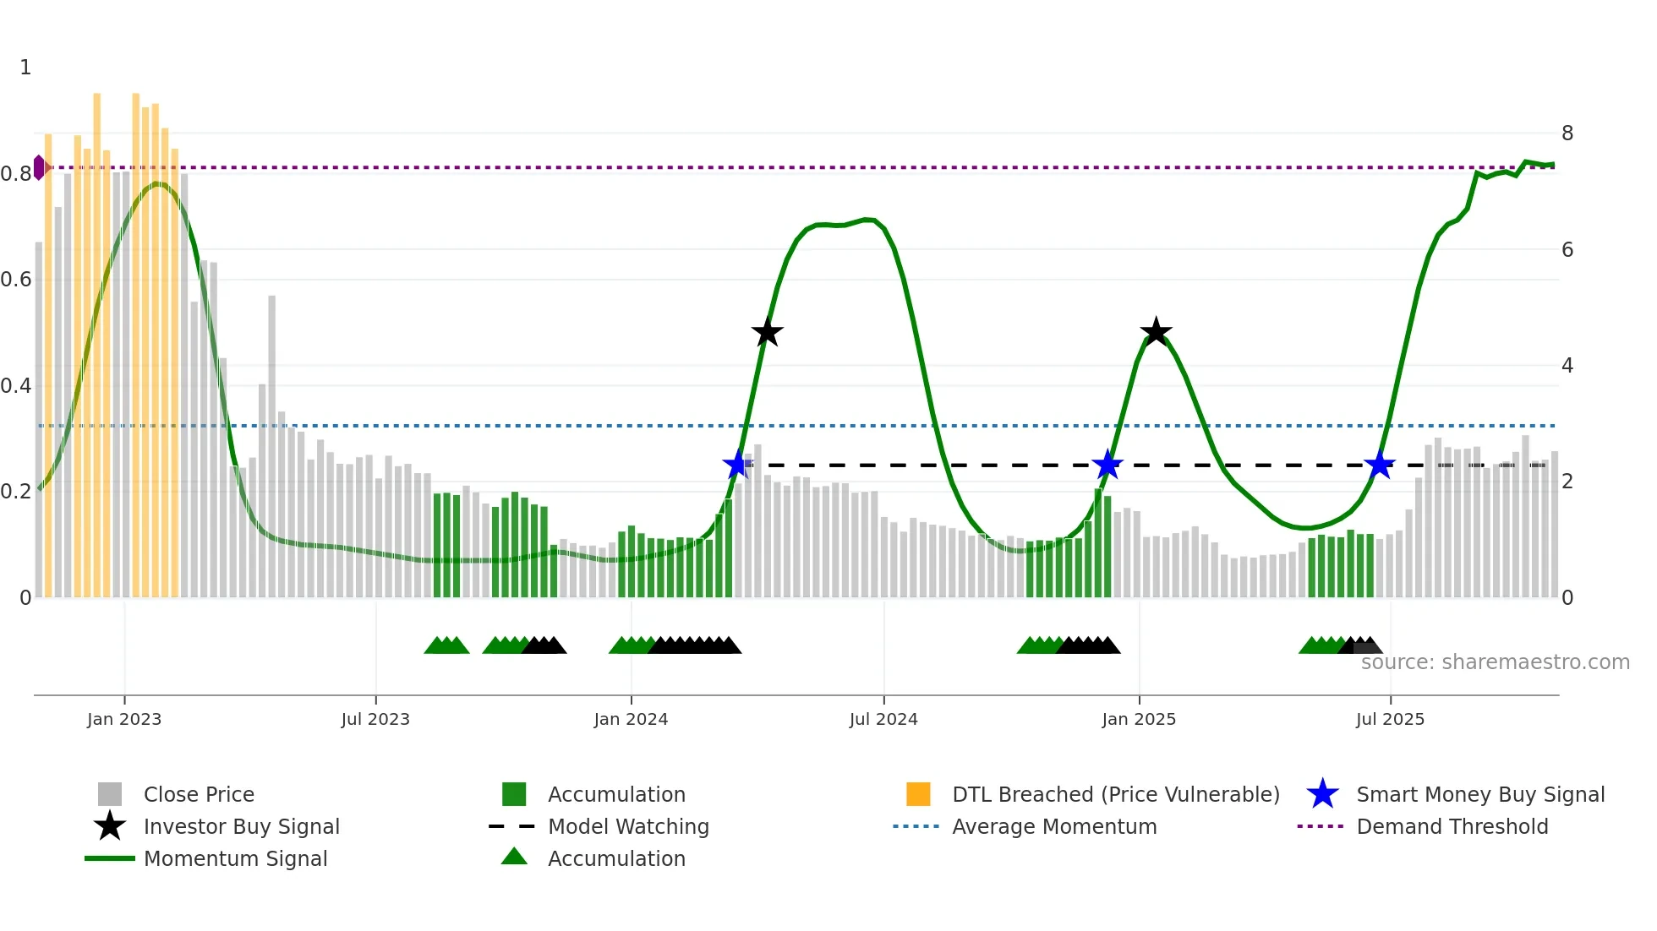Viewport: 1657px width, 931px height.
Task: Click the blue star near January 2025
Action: click(x=1107, y=465)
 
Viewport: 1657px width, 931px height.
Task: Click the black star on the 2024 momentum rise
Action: click(x=767, y=333)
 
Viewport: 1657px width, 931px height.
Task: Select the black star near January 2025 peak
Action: click(x=1155, y=332)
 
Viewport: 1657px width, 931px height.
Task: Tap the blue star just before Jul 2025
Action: click(x=1379, y=465)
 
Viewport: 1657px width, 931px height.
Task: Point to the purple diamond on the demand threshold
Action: click(x=39, y=167)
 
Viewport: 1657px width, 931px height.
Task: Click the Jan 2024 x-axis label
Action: click(x=631, y=719)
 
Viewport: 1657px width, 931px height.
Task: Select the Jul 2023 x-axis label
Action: click(x=375, y=719)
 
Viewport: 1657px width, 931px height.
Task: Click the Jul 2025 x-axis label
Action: click(x=1390, y=719)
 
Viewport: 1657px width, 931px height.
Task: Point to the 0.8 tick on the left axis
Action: click(x=16, y=173)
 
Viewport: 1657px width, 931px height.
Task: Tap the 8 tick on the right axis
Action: click(x=1567, y=133)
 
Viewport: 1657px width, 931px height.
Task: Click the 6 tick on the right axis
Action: click(x=1567, y=249)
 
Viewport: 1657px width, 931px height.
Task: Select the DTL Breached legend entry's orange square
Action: click(x=918, y=794)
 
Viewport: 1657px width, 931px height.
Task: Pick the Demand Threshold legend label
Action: click(x=1452, y=826)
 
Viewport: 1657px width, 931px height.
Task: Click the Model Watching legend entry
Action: click(x=627, y=826)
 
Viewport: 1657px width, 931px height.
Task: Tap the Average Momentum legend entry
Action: click(x=1053, y=826)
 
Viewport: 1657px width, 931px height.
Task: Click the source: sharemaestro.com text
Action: click(x=1495, y=662)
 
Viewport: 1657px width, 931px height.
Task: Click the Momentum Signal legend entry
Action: click(x=235, y=858)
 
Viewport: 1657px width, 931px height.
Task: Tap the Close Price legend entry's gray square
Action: click(x=110, y=794)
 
